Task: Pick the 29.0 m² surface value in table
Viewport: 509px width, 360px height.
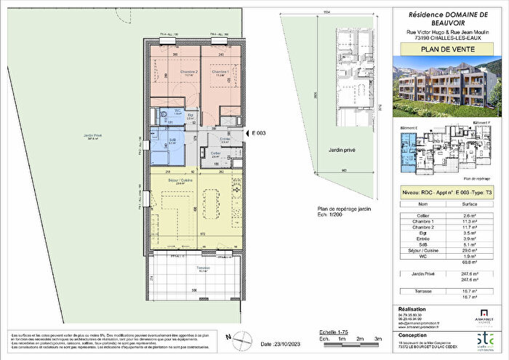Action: (x=473, y=249)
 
